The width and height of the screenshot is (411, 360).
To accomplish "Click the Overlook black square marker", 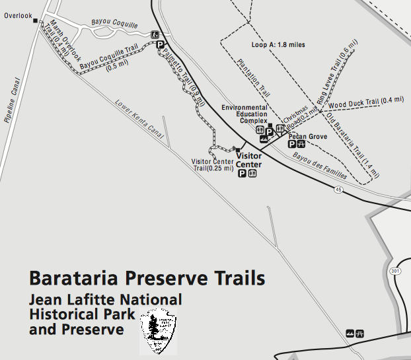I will tap(35, 20).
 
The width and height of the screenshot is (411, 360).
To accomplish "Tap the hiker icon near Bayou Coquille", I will tap(155, 34).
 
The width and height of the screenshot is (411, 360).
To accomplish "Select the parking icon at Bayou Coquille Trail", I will tap(159, 45).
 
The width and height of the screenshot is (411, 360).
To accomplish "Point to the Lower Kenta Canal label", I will tap(139, 119).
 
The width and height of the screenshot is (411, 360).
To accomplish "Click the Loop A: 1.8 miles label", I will tap(278, 45).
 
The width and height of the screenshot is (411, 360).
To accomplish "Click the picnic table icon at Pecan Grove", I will tap(301, 144).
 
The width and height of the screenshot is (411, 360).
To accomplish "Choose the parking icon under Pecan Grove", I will tap(291, 144).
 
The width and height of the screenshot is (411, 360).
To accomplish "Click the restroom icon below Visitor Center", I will tap(252, 174).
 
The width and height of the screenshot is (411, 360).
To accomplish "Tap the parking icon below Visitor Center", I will tap(242, 174).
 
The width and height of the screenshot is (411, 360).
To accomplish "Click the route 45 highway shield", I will tap(338, 190).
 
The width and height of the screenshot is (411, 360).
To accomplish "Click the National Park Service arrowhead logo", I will tap(159, 330).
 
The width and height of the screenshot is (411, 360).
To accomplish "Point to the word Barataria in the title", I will tap(74, 277).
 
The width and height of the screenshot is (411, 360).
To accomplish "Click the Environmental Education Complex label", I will tap(244, 114).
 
